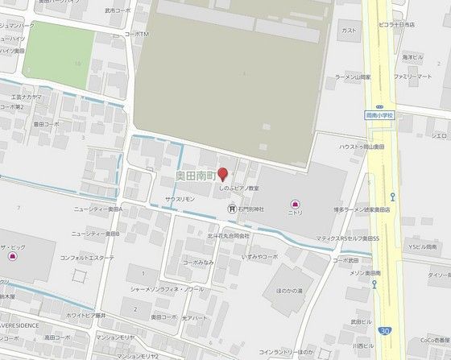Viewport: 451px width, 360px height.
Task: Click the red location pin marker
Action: (223, 174)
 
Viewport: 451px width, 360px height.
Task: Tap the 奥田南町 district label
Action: (197, 175)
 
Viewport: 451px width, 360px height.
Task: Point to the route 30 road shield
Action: (387, 331)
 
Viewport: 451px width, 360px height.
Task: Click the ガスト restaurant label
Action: (349, 31)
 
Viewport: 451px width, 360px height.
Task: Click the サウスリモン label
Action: (180, 197)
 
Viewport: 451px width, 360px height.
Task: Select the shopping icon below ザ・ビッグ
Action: (12, 256)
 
